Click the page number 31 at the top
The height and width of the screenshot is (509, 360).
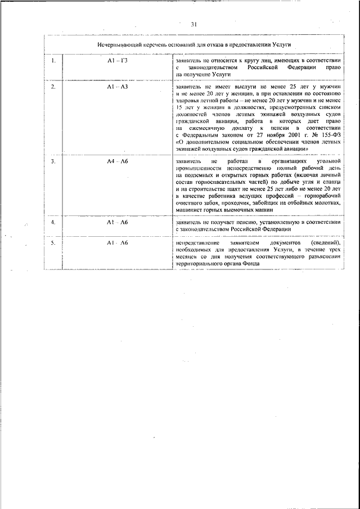point(193,24)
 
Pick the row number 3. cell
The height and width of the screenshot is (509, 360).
point(53,162)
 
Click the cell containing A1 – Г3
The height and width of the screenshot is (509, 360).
point(118,60)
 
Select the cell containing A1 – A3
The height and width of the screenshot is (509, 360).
point(118,88)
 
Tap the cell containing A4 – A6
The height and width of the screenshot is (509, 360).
point(118,162)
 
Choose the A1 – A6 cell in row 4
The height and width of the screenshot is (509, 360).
point(118,223)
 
